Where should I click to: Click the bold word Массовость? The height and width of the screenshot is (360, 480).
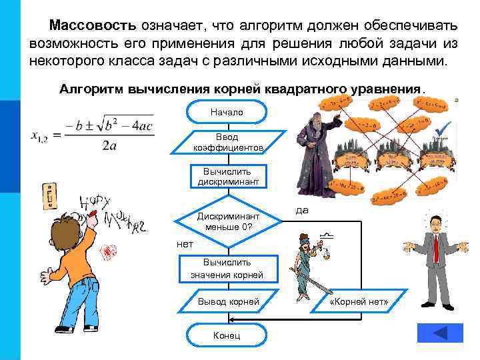point(93,25)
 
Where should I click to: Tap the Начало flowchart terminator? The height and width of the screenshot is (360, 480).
point(227,112)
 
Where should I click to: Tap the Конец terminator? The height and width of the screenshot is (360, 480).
point(227,335)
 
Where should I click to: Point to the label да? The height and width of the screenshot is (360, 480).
point(302,210)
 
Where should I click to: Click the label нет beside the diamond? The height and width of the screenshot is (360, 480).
point(185,243)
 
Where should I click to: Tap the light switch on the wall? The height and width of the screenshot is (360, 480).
point(48,197)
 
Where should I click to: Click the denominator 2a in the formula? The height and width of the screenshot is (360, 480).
point(110,147)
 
